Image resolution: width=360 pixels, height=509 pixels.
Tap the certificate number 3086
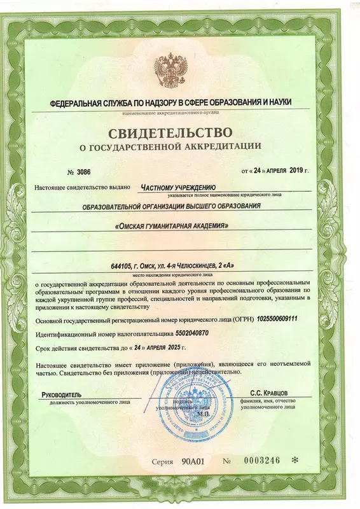84,172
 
